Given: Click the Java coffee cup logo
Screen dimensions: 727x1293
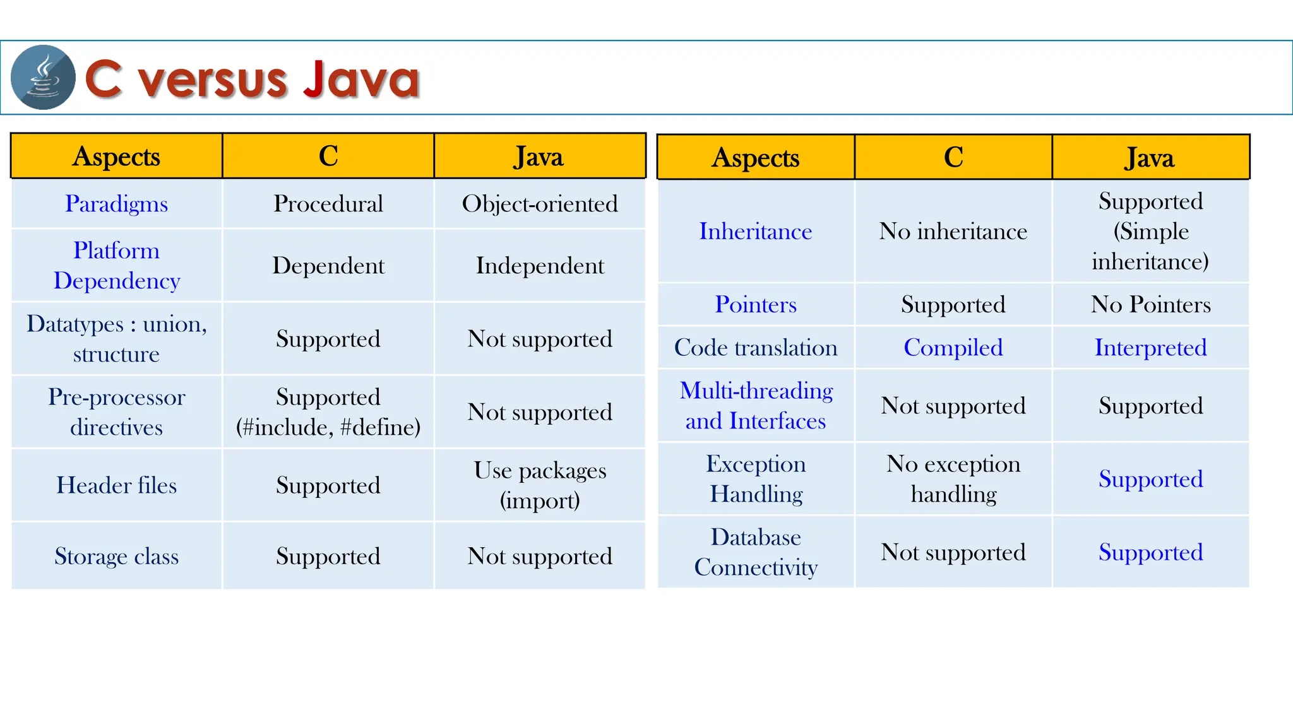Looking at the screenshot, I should (43, 78).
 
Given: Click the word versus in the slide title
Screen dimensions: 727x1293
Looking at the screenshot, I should (213, 80).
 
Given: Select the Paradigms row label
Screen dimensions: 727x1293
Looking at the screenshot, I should (117, 204).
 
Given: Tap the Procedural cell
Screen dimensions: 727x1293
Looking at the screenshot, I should (328, 204).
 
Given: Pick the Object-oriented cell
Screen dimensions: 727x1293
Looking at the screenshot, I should (540, 204).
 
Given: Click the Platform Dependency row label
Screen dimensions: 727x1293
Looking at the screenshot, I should (117, 265).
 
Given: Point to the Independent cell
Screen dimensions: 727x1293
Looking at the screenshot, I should (540, 266).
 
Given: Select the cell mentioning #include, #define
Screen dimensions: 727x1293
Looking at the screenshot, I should (328, 412).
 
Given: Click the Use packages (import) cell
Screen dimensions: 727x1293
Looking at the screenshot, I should (540, 485).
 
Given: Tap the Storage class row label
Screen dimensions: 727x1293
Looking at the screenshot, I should (117, 556).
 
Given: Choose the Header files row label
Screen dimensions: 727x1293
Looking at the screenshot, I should (117, 485).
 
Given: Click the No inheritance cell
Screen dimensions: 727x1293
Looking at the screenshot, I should (953, 232).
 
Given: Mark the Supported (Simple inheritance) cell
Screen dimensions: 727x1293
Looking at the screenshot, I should (1150, 231).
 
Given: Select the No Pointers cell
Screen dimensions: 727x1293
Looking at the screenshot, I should (1150, 305).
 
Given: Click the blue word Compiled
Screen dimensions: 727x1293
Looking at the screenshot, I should (953, 348).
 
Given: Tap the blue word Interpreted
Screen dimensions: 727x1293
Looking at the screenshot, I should (1150, 348).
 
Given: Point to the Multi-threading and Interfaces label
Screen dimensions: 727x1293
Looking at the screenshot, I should (756, 406).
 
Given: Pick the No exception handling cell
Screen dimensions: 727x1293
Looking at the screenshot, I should (953, 479).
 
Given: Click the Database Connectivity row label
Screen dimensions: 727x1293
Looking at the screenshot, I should (756, 552).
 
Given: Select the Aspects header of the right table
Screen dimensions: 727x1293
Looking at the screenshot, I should (756, 158).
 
